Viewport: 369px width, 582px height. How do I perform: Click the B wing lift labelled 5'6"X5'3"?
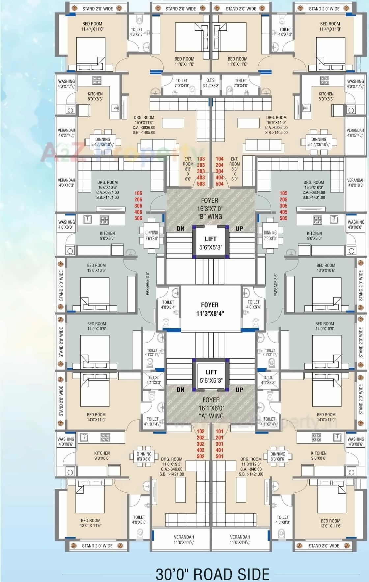211,243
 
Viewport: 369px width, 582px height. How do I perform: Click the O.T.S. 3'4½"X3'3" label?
211,83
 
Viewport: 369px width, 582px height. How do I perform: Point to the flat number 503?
201,184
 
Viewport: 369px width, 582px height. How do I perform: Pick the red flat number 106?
138,193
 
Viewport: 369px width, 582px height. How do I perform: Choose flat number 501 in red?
219,456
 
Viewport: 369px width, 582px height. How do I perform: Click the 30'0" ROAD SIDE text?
212,574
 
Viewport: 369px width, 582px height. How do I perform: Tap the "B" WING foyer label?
210,216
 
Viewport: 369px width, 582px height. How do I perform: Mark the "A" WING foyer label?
211,416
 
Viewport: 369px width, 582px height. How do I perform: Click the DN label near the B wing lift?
181,229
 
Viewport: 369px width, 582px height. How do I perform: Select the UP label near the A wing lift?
239,390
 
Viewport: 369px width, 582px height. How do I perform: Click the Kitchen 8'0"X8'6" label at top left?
95,96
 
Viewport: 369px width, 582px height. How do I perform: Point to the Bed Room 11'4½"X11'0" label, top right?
330,26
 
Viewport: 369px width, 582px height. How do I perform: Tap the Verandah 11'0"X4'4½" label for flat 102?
184,539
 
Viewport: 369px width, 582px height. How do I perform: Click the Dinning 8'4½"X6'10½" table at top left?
103,142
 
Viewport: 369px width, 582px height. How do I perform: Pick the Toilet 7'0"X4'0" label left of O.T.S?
182,83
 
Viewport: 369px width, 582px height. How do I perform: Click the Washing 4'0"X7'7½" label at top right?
355,84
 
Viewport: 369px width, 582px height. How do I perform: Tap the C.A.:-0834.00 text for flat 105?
314,192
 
